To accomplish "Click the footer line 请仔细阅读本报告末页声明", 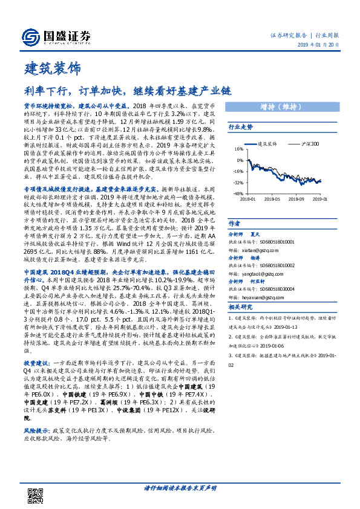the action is [x=180, y=488].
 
